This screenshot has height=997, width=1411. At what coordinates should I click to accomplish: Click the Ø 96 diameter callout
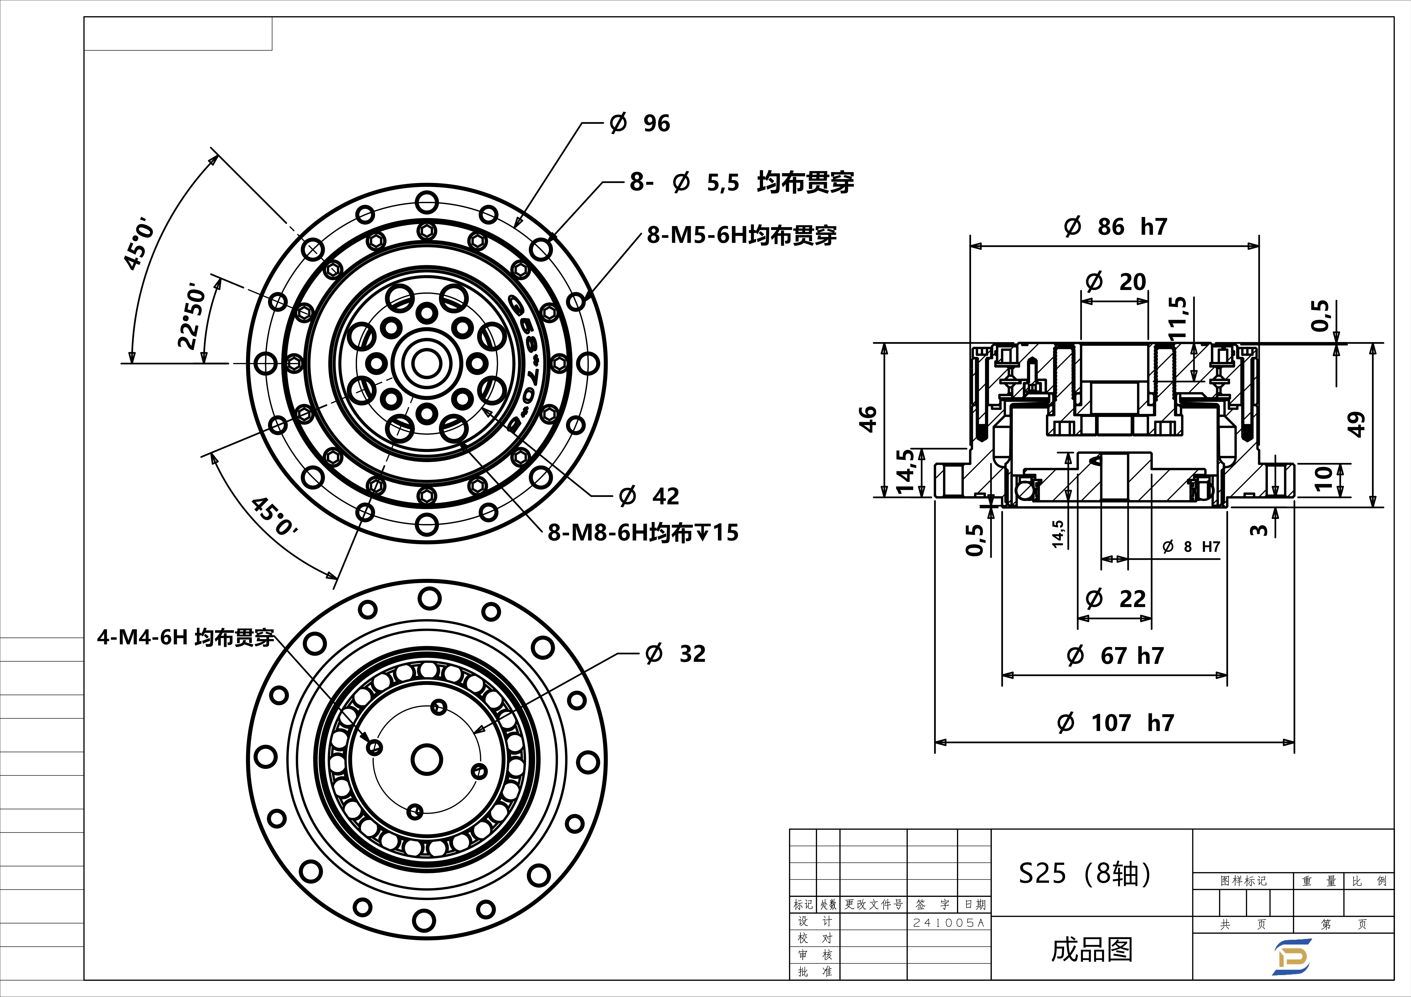(x=640, y=123)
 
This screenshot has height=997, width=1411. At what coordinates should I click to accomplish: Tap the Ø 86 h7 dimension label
(x=1115, y=227)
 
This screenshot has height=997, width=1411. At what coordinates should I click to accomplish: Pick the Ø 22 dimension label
(x=1115, y=599)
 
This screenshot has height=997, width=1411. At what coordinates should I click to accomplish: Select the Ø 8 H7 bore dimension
(x=1191, y=547)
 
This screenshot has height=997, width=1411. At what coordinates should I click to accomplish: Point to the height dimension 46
(x=867, y=419)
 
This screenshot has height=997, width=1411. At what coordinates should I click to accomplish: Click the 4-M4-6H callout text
(x=186, y=638)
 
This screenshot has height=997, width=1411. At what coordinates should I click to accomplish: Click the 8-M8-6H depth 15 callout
(x=643, y=533)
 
